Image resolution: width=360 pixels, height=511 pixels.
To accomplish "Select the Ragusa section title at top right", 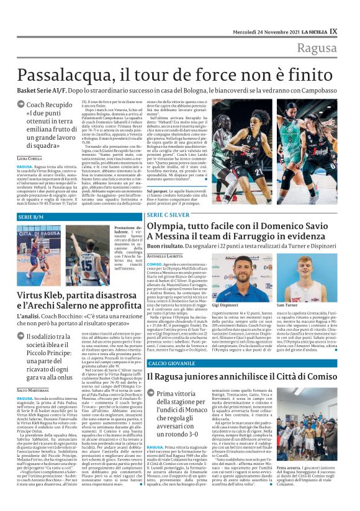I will (326, 48).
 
